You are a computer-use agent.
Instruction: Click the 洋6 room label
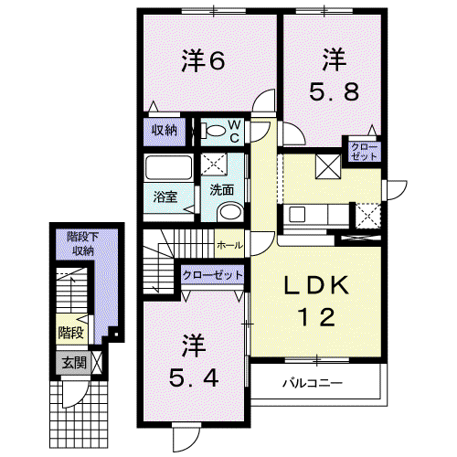[x=203, y=60]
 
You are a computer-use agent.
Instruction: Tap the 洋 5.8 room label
[x=335, y=75]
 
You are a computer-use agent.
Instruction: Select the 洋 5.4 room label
[x=194, y=361]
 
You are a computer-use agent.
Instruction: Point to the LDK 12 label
[x=317, y=301]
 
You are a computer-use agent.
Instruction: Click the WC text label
[x=234, y=131]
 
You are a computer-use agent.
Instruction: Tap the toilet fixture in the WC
[x=213, y=131]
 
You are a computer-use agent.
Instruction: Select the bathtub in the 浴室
[x=168, y=168]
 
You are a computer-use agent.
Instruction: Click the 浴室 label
[x=165, y=197]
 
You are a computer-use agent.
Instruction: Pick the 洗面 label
[x=222, y=190]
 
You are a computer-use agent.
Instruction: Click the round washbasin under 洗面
[x=230, y=211]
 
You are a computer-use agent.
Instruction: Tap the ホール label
[x=230, y=245]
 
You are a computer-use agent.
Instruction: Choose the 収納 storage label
[x=165, y=131]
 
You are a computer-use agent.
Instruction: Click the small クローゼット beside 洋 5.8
[x=365, y=152]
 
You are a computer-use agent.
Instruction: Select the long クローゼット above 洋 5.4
[x=213, y=275]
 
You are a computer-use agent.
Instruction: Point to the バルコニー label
[x=313, y=383]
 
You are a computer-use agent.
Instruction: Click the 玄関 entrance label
[x=74, y=363]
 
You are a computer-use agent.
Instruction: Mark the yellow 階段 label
[x=71, y=333]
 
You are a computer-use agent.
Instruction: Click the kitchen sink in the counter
[x=297, y=214]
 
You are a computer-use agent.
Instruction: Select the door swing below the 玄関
[x=76, y=394]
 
